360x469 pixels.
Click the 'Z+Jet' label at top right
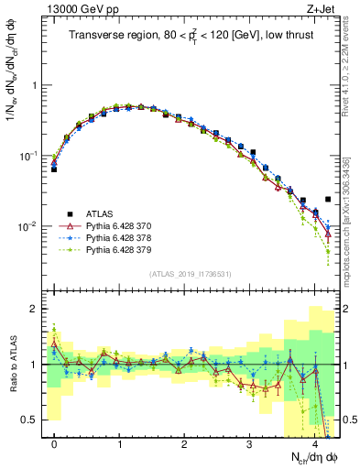(x=322, y=8)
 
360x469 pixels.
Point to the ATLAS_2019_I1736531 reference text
(x=191, y=275)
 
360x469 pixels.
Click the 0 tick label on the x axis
(x=54, y=444)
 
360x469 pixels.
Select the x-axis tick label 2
(x=184, y=444)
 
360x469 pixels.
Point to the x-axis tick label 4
(x=314, y=444)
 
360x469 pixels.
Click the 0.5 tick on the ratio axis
(x=33, y=420)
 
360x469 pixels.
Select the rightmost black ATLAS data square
(x=328, y=199)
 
